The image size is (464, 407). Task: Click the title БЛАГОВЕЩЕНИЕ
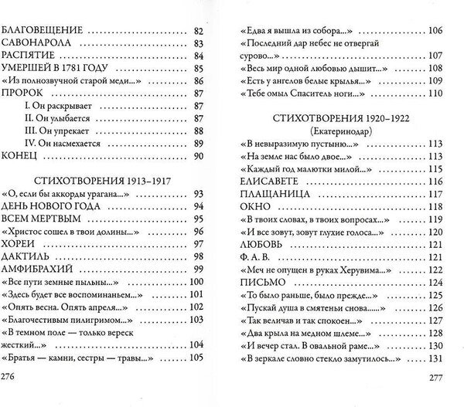coord(41,30)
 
